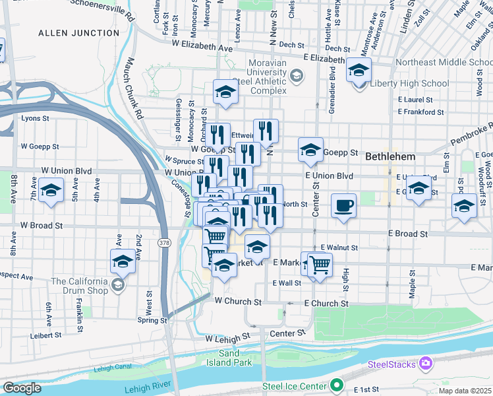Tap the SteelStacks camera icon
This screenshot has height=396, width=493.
click(426, 364)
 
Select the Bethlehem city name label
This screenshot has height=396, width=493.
click(390, 157)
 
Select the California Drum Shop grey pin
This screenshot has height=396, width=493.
click(118, 285)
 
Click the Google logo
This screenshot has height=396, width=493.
click(22, 387)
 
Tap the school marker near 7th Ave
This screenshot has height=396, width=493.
click(51, 192)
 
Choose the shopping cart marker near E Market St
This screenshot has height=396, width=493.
click(320, 265)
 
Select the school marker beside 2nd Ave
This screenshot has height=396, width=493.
click(123, 262)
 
